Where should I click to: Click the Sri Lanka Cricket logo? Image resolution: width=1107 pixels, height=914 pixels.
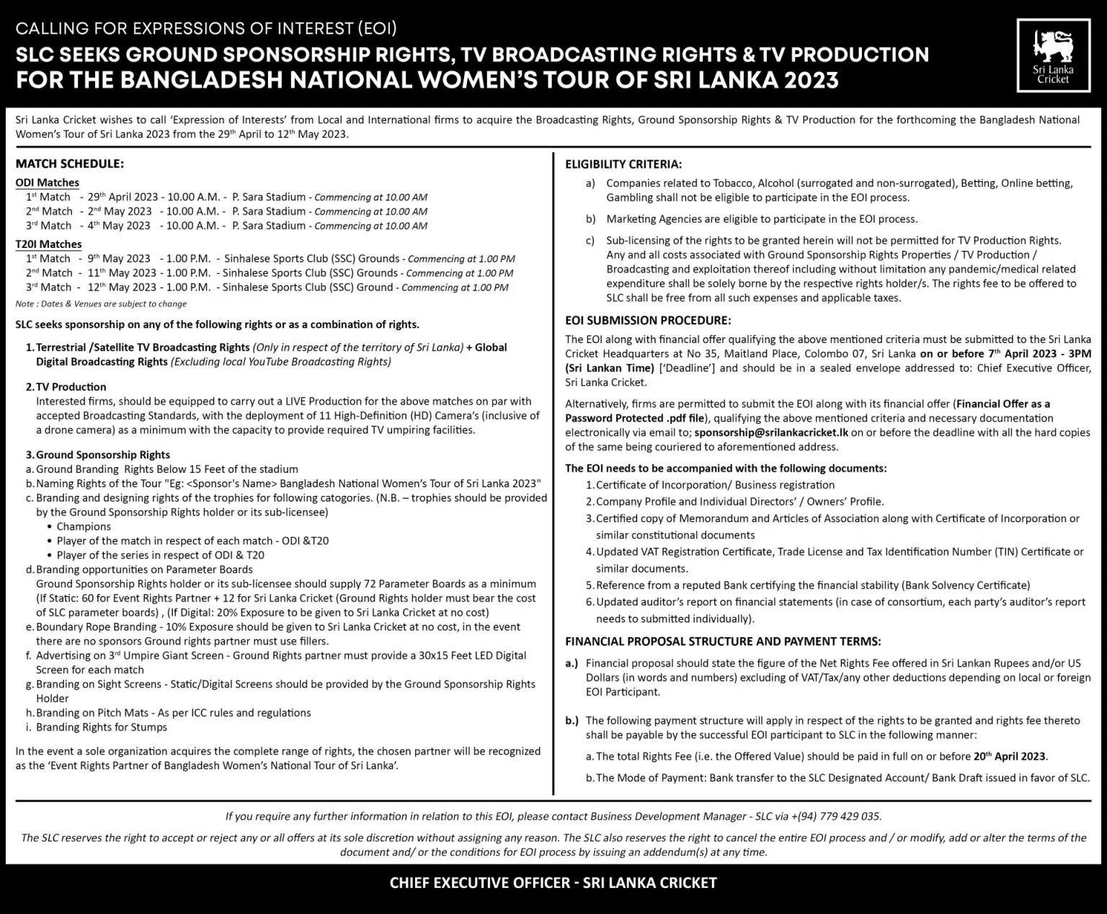click(1053, 56)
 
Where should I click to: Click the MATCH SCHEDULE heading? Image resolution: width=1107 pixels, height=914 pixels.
click(69, 164)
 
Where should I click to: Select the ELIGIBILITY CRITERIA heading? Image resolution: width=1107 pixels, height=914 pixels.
click(623, 164)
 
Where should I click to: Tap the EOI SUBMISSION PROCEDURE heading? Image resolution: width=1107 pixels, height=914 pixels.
click(647, 320)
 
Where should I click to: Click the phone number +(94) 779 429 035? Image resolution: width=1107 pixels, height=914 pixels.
click(835, 817)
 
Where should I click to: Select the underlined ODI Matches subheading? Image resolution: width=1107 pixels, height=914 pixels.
click(48, 183)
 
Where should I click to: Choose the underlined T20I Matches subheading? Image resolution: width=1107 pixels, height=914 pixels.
click(49, 244)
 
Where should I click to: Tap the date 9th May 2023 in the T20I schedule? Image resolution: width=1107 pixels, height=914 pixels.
click(119, 259)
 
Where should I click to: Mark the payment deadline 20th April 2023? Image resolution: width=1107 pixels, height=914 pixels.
click(1008, 756)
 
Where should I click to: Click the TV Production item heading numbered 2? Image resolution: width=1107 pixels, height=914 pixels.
click(71, 387)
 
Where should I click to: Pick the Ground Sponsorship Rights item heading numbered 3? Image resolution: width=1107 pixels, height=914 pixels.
click(102, 455)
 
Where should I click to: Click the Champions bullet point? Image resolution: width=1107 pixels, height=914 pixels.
click(84, 526)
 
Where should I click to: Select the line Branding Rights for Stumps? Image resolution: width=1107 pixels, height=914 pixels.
click(101, 727)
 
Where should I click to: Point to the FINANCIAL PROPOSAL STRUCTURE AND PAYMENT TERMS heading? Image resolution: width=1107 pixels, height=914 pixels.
click(722, 642)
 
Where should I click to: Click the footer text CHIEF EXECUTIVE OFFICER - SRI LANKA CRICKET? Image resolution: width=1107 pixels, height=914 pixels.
click(553, 883)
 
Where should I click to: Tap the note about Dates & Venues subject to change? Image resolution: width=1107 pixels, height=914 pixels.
click(101, 304)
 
